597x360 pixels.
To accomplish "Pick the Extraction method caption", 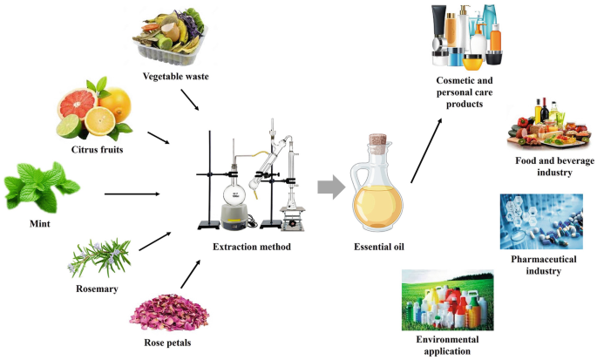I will [252, 247].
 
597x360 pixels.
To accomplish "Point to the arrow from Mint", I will [132, 194].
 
